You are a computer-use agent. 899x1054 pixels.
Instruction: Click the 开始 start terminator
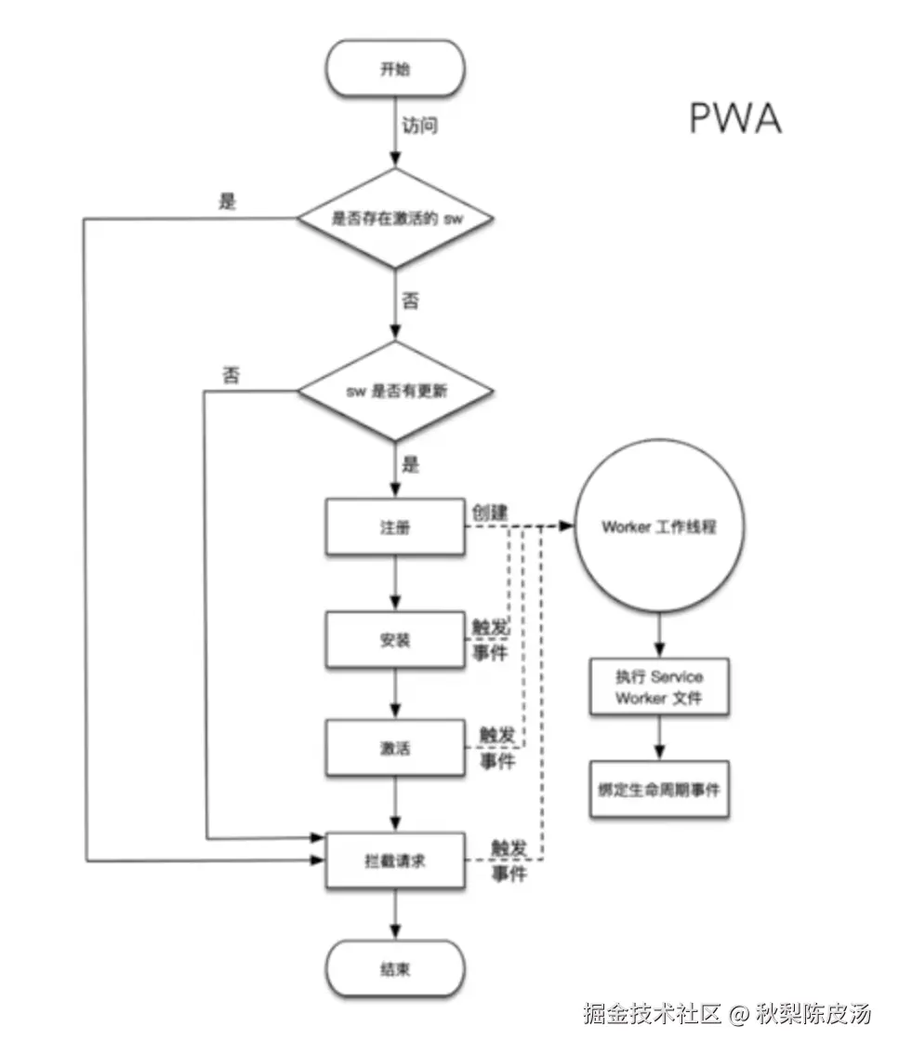pyautogui.click(x=394, y=69)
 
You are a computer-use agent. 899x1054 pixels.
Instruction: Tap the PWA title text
pyautogui.click(x=734, y=119)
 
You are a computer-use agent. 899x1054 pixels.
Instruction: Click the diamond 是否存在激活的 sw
pyautogui.click(x=394, y=220)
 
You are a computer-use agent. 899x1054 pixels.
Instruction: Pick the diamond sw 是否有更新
pyautogui.click(x=394, y=392)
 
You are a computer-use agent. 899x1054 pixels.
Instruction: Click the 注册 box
pyautogui.click(x=394, y=527)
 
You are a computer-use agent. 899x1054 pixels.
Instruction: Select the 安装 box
pyautogui.click(x=394, y=640)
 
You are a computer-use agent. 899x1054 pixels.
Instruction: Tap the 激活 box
pyautogui.click(x=394, y=749)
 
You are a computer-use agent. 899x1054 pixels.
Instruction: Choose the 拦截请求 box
pyautogui.click(x=394, y=861)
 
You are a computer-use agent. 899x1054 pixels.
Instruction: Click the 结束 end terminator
pyautogui.click(x=394, y=968)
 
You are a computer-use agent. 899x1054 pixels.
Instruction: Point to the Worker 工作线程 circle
pyautogui.click(x=659, y=527)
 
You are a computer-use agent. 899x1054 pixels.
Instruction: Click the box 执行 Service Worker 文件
pyautogui.click(x=659, y=687)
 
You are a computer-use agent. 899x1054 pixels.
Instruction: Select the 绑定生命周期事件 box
pyautogui.click(x=659, y=790)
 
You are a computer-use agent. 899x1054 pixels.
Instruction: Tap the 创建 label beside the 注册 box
pyautogui.click(x=491, y=512)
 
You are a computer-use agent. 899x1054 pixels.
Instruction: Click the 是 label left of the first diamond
pyautogui.click(x=227, y=202)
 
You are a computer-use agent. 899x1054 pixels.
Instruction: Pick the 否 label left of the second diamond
pyautogui.click(x=231, y=375)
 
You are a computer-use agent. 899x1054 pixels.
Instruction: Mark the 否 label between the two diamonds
pyautogui.click(x=409, y=300)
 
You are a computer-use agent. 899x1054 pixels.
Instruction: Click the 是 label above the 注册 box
pyautogui.click(x=409, y=464)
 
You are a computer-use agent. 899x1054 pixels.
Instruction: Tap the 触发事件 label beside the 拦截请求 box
pyautogui.click(x=509, y=861)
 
